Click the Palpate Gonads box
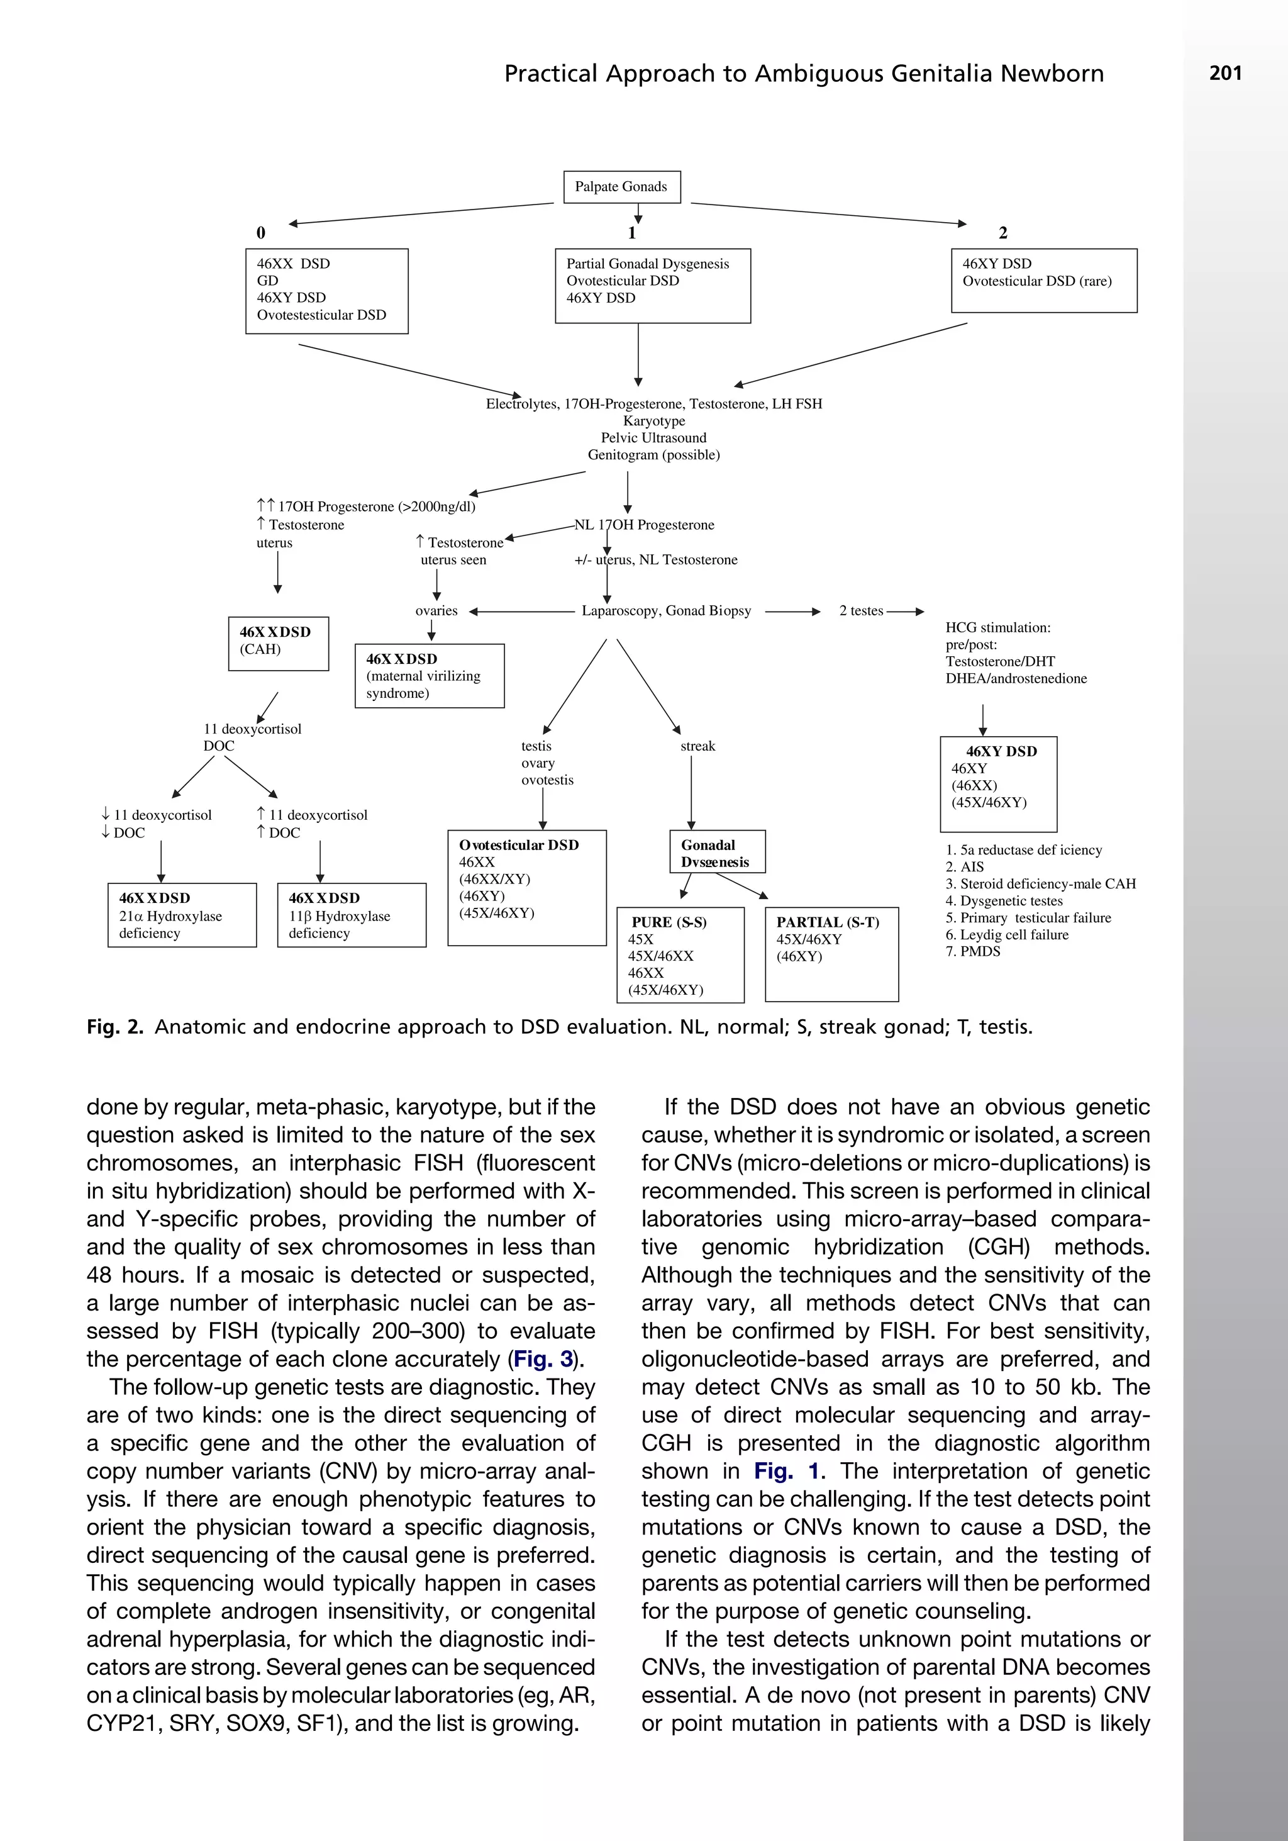(621, 187)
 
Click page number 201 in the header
(1224, 73)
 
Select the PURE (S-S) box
(680, 954)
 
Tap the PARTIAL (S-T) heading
(827, 922)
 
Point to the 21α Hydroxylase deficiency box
(182, 915)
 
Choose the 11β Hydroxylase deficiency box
(351, 915)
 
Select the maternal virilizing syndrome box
(429, 675)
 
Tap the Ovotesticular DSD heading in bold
(519, 845)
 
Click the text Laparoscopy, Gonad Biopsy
(666, 611)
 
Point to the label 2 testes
(861, 611)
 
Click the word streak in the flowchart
(697, 746)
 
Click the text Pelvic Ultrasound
(653, 438)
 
